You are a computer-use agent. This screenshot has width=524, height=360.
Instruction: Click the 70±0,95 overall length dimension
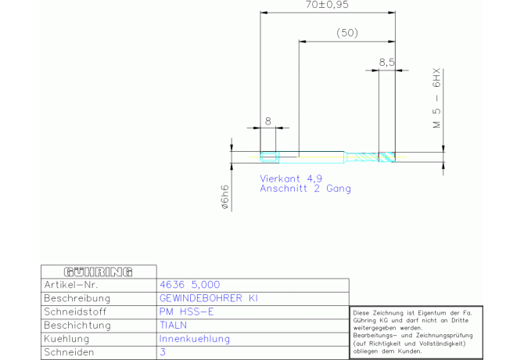coord(327,5)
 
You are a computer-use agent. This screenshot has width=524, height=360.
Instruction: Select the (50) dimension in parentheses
coord(346,33)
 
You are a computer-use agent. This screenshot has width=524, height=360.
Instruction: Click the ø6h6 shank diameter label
coord(225,196)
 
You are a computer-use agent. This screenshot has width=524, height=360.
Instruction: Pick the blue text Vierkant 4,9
coord(292,178)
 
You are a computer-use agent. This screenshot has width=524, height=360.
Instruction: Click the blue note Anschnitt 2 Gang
coord(305,189)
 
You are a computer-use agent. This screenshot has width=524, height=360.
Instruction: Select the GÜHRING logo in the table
coord(97,272)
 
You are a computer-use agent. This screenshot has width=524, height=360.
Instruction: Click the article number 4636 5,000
coord(189,285)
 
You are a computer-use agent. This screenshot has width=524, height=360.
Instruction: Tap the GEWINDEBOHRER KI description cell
coord(208,298)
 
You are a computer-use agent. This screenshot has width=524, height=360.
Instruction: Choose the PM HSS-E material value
coord(185,311)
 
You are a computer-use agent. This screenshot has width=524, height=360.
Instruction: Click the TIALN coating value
coord(174,325)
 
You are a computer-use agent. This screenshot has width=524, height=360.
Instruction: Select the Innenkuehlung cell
coord(194,339)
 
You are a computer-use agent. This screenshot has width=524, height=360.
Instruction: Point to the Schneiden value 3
coord(163,352)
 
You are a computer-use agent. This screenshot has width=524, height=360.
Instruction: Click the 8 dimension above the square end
coord(267,121)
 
